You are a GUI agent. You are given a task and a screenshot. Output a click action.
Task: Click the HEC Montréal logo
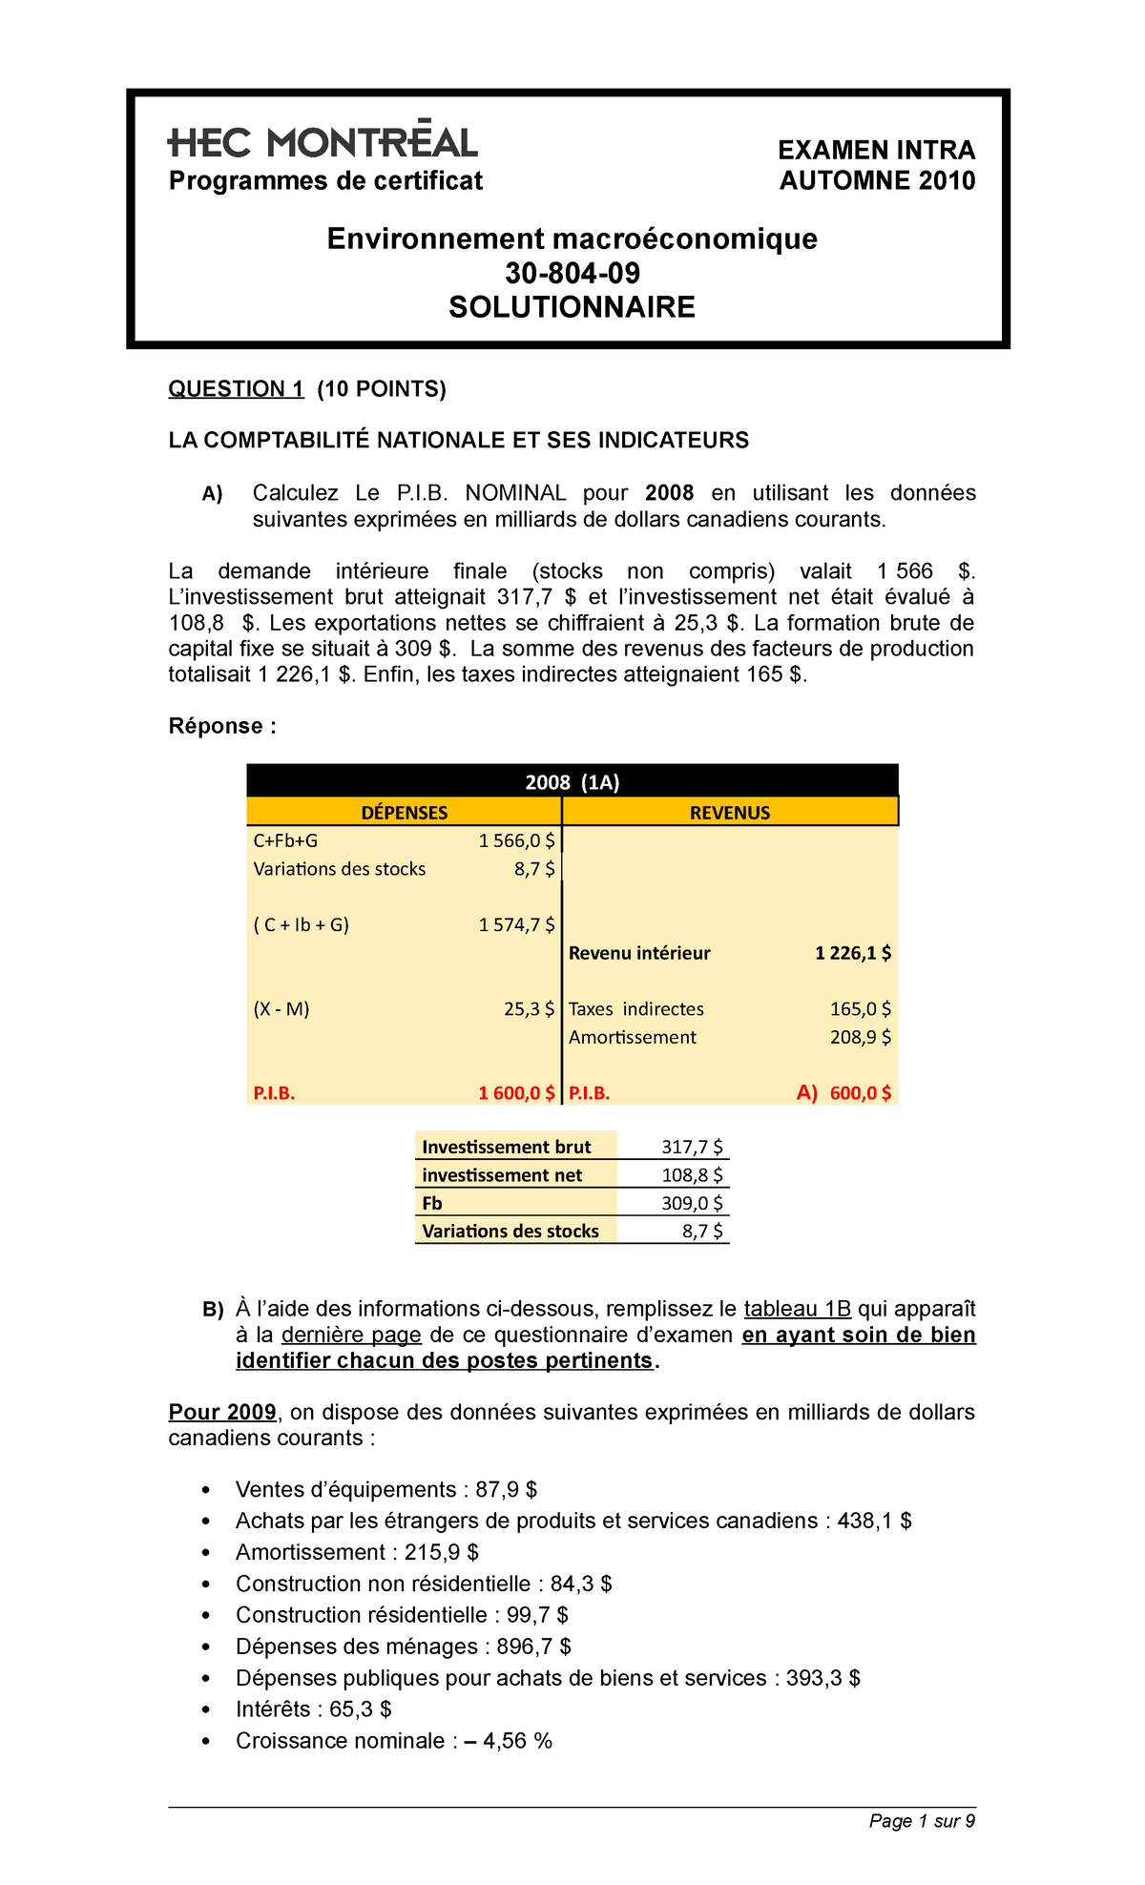[323, 142]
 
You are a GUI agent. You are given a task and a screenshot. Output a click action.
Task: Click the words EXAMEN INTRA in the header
[876, 150]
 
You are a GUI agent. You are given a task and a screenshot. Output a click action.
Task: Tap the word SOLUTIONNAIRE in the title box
[572, 307]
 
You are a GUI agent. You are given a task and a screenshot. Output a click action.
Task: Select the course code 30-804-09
[572, 274]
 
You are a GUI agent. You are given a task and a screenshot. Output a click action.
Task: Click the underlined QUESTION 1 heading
[236, 388]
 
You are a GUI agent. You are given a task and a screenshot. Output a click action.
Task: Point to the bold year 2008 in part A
[669, 493]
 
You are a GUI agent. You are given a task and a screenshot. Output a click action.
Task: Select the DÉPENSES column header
[404, 813]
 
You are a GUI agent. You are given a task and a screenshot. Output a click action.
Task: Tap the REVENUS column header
[730, 813]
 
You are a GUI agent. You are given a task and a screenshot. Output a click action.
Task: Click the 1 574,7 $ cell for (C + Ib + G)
[516, 924]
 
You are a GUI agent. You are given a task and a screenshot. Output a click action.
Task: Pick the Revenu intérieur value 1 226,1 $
[853, 953]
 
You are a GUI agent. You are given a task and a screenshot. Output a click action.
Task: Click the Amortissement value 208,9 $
[861, 1037]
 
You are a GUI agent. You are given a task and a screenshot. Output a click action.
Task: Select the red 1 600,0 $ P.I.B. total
[516, 1093]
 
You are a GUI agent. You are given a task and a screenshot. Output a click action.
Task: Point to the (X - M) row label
[281, 1009]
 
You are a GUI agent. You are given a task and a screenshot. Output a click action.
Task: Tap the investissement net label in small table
[502, 1175]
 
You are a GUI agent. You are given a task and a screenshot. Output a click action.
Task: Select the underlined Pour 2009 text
[222, 1412]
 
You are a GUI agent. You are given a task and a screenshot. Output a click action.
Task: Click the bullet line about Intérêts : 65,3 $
[313, 1709]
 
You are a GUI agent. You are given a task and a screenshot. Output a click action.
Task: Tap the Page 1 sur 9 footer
[922, 1821]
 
